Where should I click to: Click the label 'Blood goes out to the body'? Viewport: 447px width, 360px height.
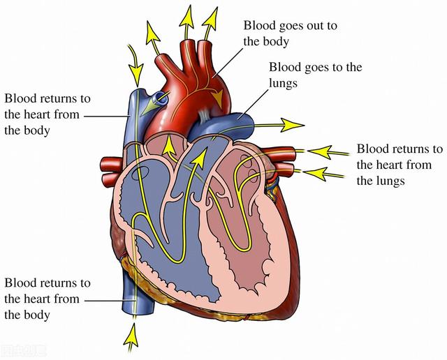291,33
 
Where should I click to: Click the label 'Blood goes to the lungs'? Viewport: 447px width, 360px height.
316,75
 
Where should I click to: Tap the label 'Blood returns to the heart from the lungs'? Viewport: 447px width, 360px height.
400,165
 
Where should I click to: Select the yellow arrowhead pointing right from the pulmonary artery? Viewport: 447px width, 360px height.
292,125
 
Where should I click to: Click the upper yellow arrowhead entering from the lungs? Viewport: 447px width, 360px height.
321,152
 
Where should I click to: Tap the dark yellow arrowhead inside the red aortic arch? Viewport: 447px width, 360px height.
218,98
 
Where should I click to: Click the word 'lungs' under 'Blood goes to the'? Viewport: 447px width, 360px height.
284,84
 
